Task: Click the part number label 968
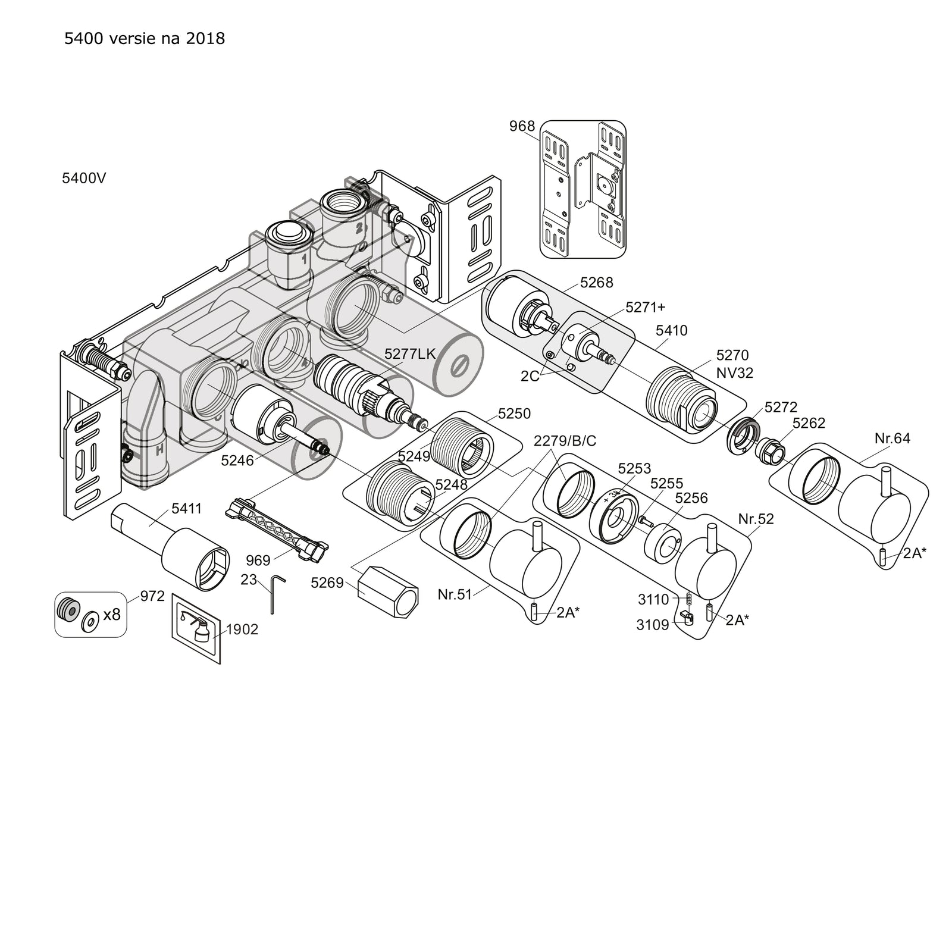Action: click(522, 127)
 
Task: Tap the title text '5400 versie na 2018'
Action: click(145, 39)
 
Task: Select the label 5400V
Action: click(84, 178)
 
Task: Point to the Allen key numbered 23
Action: click(275, 593)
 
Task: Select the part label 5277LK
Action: click(411, 353)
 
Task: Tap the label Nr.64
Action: click(892, 439)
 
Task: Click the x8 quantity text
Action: click(112, 614)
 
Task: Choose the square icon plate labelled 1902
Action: click(196, 628)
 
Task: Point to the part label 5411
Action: click(187, 509)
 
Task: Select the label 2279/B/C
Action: click(565, 441)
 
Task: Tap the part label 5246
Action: click(237, 461)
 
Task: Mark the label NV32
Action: click(735, 373)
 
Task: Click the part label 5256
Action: click(691, 498)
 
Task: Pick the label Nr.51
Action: click(455, 594)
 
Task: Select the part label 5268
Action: click(597, 283)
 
